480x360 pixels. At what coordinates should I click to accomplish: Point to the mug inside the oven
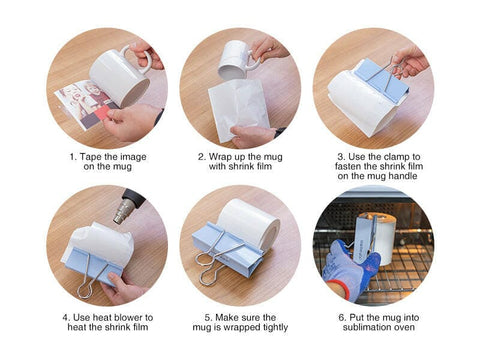377,238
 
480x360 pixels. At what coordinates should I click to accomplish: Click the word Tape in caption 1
88,157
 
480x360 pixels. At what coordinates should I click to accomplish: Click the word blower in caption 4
122,315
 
